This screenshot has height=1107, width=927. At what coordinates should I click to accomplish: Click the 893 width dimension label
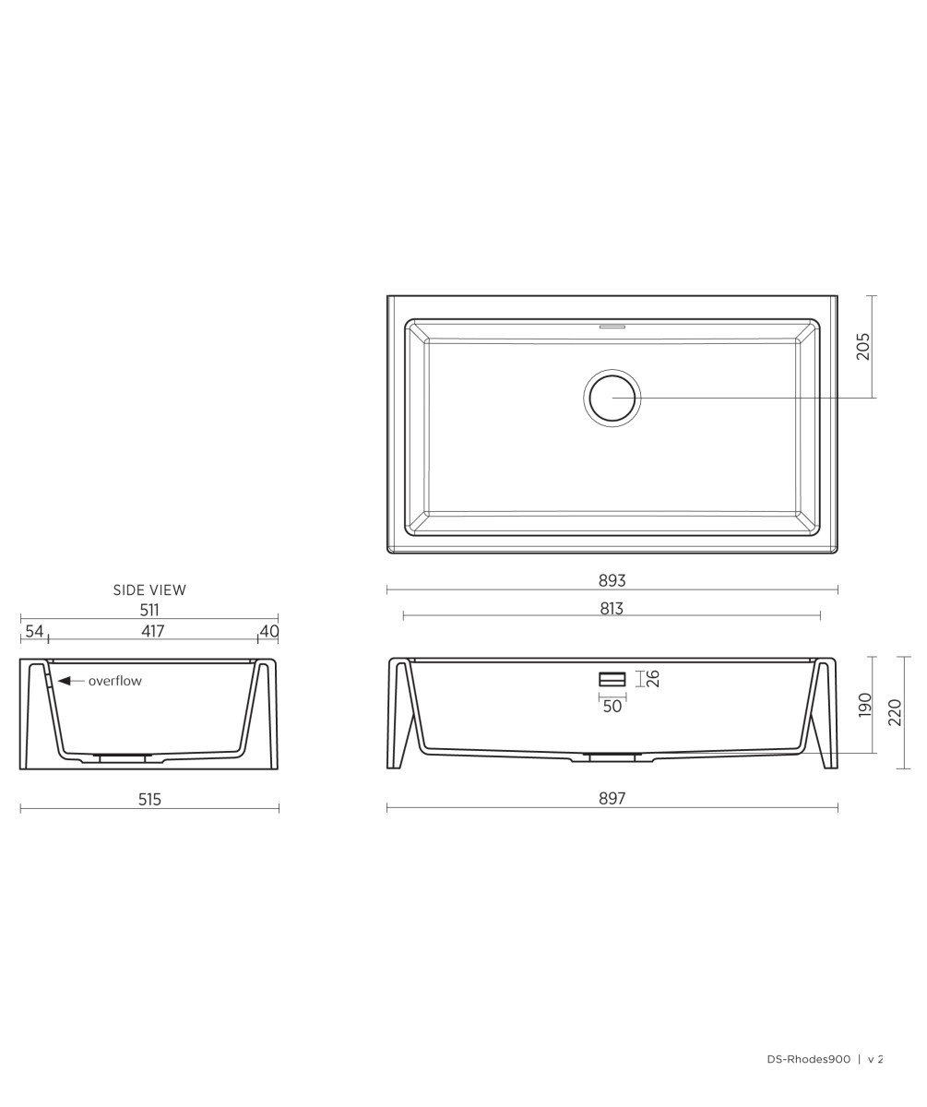[x=612, y=580]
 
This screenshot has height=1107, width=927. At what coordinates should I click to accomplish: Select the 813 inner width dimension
[x=612, y=608]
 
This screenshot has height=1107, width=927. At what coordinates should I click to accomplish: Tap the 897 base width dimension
[x=612, y=799]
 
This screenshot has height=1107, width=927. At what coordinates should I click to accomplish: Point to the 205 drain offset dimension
[x=863, y=347]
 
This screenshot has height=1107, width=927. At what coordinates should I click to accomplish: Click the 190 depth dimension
[x=864, y=705]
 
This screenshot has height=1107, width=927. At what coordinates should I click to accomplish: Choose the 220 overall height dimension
[x=895, y=712]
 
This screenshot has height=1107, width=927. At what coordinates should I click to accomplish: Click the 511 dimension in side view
[x=149, y=610]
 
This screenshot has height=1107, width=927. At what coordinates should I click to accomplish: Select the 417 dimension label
[x=153, y=631]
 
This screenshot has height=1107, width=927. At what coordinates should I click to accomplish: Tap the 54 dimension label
[x=34, y=631]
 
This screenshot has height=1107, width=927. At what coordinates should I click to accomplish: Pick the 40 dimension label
[x=268, y=631]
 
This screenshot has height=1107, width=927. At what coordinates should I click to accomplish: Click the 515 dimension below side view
[x=149, y=800]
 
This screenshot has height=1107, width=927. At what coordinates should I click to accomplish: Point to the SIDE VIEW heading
[x=149, y=590]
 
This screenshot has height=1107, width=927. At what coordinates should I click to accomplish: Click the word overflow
[x=115, y=681]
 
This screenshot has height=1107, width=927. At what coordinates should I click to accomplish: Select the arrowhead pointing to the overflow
[x=64, y=681]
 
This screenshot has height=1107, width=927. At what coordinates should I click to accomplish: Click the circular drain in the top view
[x=612, y=398]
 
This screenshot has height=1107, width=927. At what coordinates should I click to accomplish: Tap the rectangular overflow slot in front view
[x=612, y=679]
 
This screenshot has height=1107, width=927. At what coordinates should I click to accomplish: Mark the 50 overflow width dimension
[x=612, y=707]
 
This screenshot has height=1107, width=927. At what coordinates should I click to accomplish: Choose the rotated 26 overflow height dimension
[x=653, y=679]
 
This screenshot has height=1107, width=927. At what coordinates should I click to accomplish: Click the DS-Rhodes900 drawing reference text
[x=808, y=1059]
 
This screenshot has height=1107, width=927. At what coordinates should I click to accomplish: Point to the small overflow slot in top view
[x=612, y=327]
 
